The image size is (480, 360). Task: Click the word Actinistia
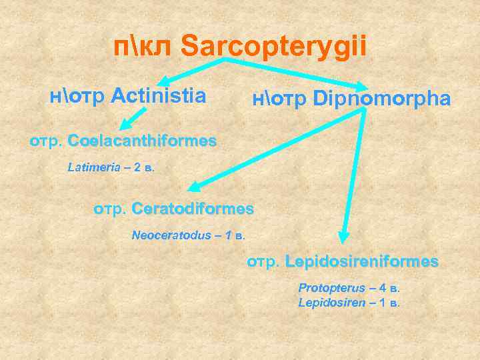click(x=158, y=96)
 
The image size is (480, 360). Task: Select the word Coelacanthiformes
click(x=142, y=141)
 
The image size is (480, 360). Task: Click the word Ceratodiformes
click(x=193, y=209)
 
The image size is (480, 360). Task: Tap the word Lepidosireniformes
click(x=361, y=261)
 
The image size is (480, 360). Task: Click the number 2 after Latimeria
click(x=136, y=167)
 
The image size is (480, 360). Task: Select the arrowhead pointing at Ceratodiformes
click(x=192, y=189)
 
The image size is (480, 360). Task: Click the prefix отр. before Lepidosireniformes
click(x=263, y=261)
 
